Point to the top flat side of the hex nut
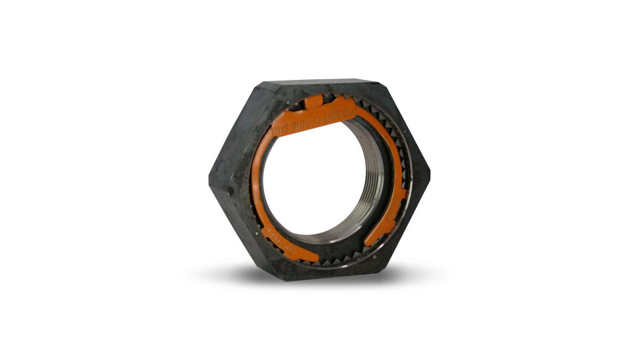[x=319, y=83]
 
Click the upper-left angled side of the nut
[x=234, y=128]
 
